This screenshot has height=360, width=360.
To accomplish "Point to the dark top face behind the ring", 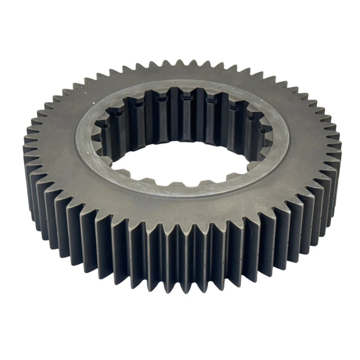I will click(x=180, y=73).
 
